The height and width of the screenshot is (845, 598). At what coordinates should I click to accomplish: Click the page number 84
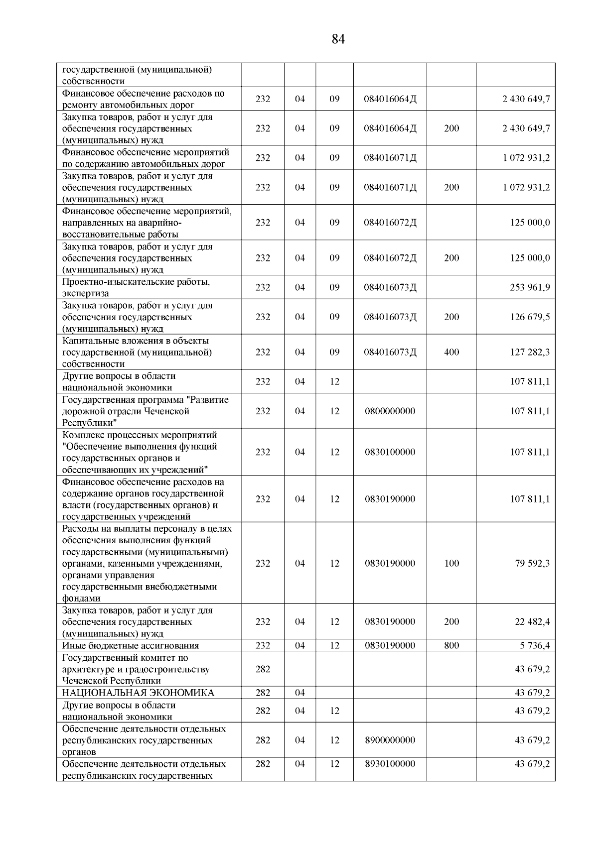(x=338, y=39)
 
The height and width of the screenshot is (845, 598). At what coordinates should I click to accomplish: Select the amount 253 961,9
(x=530, y=287)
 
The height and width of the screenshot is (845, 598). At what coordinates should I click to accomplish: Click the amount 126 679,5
(x=530, y=317)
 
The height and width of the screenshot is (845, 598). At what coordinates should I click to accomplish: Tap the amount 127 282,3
(x=530, y=352)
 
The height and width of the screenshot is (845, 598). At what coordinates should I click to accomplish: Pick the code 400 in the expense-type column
(x=451, y=352)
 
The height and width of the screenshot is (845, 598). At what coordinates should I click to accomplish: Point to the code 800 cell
(x=451, y=645)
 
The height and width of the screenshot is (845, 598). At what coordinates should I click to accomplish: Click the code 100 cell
(x=451, y=563)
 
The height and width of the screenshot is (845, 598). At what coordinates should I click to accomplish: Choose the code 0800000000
(x=390, y=411)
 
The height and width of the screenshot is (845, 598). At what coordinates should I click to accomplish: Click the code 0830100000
(x=390, y=452)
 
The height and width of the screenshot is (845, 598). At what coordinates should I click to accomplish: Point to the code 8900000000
(x=390, y=740)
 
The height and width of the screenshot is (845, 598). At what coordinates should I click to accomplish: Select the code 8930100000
(x=390, y=764)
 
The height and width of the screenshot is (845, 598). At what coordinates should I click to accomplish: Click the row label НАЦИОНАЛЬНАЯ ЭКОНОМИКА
(x=138, y=693)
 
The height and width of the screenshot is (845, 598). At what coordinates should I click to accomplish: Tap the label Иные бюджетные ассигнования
(x=131, y=646)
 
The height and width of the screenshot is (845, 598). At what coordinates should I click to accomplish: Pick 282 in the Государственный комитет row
(x=263, y=669)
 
